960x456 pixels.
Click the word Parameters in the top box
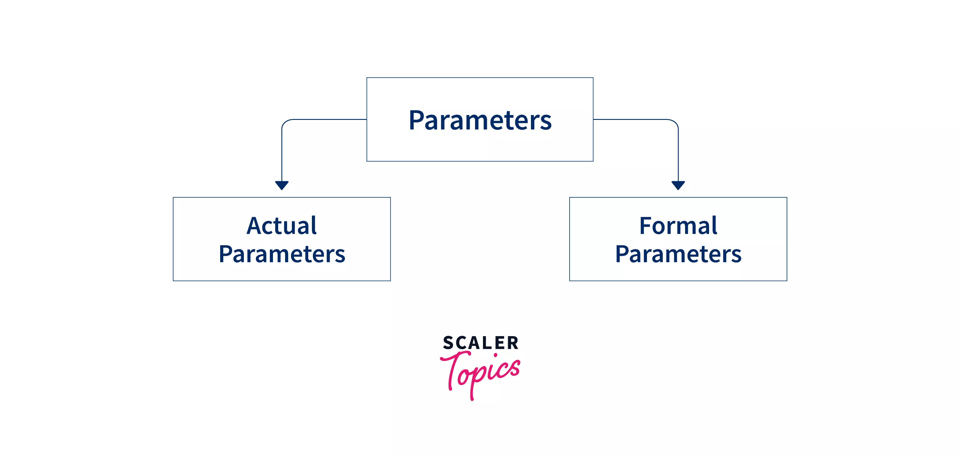click(x=480, y=120)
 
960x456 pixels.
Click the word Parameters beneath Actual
click(x=282, y=254)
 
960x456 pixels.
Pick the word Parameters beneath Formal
click(x=678, y=254)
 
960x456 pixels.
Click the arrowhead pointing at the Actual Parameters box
click(x=282, y=185)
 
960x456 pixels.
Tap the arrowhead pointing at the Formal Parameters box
click(x=678, y=185)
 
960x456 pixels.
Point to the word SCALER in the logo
click(x=481, y=343)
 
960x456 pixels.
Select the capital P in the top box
click(x=416, y=120)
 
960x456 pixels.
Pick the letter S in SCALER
click(x=448, y=343)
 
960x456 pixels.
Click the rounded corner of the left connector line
click(x=285, y=123)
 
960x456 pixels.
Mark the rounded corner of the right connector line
click(x=675, y=123)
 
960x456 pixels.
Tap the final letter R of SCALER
click(x=513, y=343)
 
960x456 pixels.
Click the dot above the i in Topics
click(x=495, y=356)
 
